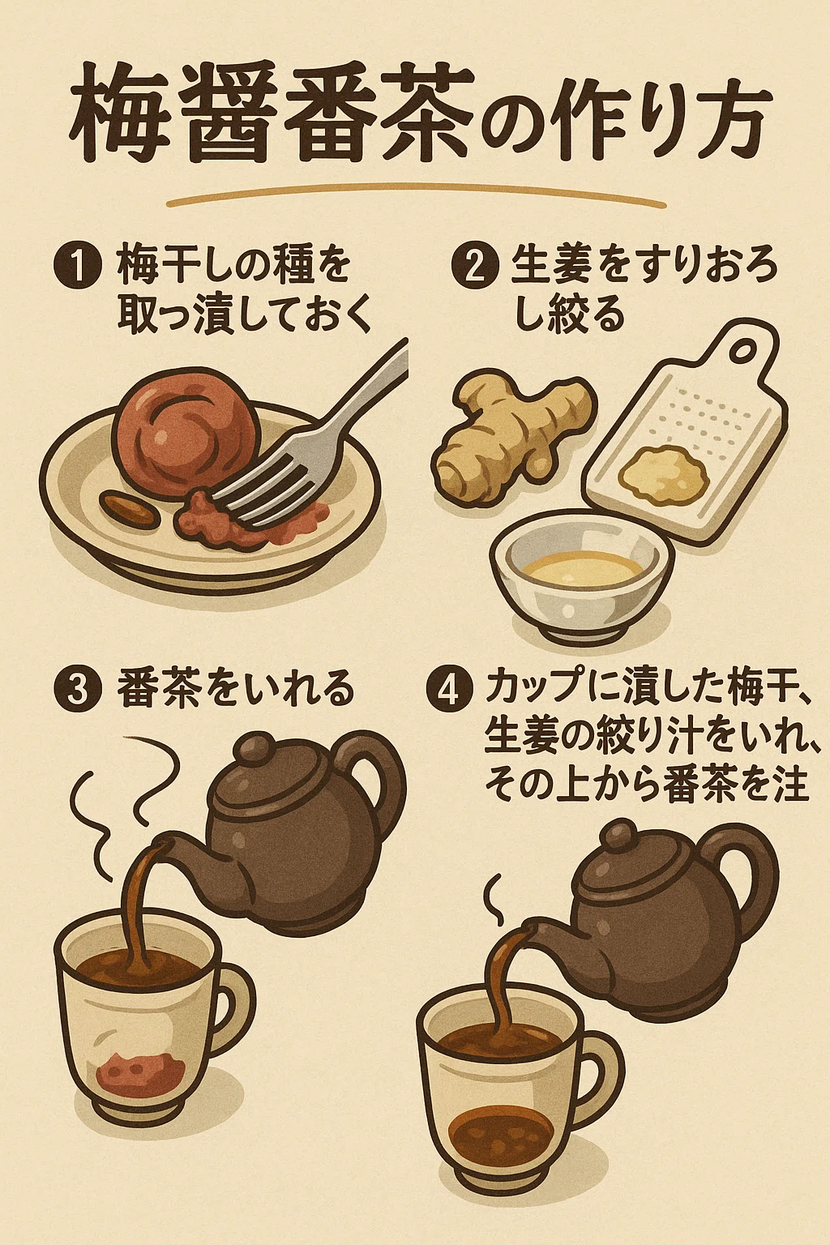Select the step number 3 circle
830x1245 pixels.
click(79, 691)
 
